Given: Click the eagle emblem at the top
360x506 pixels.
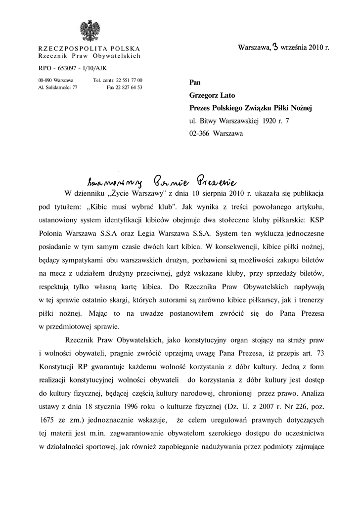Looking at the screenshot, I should point(90,31).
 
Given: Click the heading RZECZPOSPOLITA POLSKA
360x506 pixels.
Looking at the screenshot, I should point(89,48).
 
